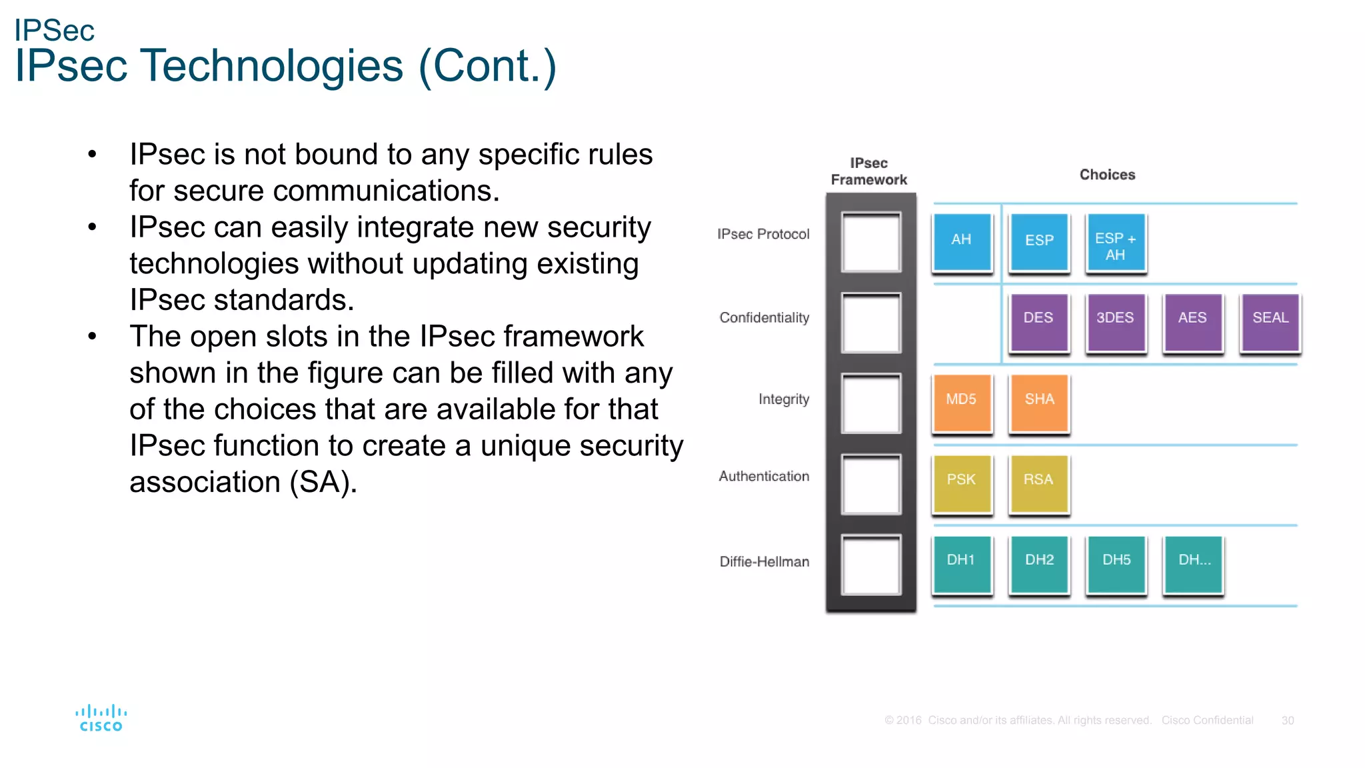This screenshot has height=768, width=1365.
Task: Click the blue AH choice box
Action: (x=962, y=241)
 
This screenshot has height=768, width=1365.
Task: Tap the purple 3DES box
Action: (x=1116, y=321)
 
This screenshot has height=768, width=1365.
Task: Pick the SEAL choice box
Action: (x=1270, y=321)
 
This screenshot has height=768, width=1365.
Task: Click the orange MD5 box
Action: (x=962, y=402)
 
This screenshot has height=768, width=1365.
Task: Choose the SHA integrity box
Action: (x=1039, y=402)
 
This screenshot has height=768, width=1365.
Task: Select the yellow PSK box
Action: (x=962, y=483)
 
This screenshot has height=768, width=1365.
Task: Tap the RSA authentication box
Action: (x=1039, y=483)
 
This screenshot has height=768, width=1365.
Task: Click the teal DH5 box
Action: (x=1116, y=563)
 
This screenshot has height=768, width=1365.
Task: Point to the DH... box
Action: (x=1193, y=563)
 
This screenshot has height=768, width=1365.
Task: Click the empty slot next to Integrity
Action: (x=870, y=403)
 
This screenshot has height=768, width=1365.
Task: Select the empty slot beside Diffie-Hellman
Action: (x=870, y=564)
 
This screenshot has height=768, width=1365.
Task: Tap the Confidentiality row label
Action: (x=764, y=318)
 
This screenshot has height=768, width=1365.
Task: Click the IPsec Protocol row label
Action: (x=763, y=235)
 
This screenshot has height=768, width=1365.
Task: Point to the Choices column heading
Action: (x=1107, y=175)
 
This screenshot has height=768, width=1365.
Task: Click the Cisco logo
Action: (x=101, y=718)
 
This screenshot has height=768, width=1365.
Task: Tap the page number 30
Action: (x=1287, y=721)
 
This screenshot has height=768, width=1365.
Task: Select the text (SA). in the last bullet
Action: (x=323, y=482)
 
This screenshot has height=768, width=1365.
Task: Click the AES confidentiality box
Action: (x=1192, y=321)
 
